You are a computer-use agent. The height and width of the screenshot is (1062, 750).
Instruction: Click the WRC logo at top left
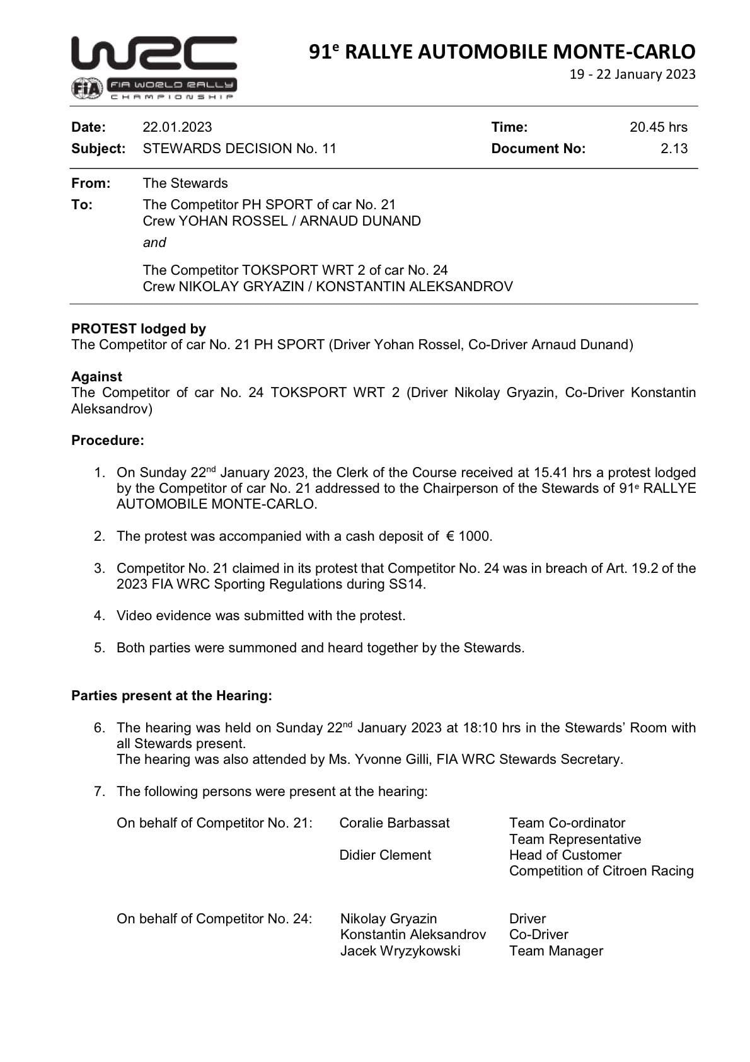(x=154, y=54)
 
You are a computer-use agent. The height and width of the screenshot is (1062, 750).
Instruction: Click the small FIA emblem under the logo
(x=86, y=89)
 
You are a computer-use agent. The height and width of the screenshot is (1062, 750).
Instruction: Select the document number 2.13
(x=674, y=149)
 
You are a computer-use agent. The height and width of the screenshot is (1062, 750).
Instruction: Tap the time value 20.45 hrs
(x=658, y=127)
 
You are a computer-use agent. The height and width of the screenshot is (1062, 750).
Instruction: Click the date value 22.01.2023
(x=177, y=127)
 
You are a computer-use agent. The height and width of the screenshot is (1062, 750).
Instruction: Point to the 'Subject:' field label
(x=98, y=149)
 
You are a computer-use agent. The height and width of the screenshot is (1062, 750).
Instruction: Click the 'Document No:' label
(x=538, y=149)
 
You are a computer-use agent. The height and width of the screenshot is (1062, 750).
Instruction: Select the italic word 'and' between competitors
(x=154, y=243)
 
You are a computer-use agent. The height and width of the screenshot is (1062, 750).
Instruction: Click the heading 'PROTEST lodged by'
(x=139, y=328)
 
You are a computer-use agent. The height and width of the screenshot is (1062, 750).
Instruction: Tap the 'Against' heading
(x=96, y=376)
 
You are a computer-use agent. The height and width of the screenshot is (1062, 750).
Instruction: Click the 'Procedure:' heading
(x=108, y=441)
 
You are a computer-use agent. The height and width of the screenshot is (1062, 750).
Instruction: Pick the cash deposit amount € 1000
(x=469, y=536)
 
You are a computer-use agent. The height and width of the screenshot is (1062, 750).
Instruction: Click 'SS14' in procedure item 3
(x=407, y=584)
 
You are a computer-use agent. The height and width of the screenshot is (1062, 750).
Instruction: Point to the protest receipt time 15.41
(x=551, y=473)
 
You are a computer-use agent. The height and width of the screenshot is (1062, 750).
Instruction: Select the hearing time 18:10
(x=480, y=728)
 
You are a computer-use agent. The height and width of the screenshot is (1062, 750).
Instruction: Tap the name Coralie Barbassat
(x=395, y=823)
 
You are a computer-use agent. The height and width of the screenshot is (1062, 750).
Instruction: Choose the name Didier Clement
(x=385, y=855)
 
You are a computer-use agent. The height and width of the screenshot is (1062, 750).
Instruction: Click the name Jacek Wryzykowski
(x=400, y=951)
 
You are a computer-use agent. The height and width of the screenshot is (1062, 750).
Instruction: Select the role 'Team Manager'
(x=556, y=951)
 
